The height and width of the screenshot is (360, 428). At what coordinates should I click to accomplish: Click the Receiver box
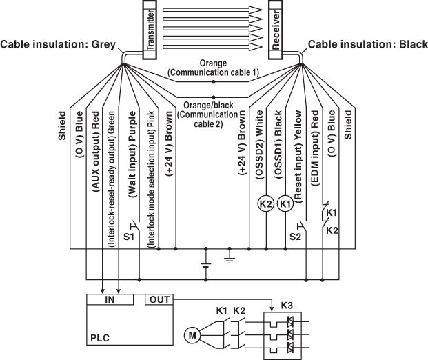(276, 31)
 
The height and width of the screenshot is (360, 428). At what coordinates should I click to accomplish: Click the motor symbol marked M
(191, 336)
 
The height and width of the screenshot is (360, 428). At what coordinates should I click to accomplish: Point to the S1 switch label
(129, 237)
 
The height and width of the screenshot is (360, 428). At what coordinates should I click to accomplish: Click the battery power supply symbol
(205, 263)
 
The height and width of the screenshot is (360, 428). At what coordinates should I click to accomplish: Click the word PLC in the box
(100, 339)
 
